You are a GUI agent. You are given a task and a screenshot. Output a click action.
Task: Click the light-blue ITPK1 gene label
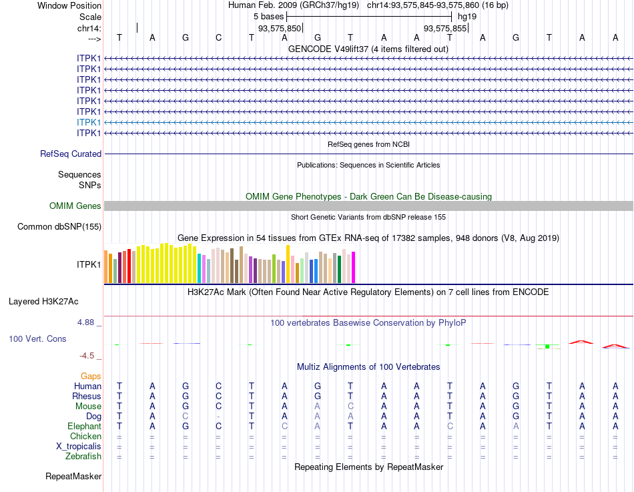(x=89, y=122)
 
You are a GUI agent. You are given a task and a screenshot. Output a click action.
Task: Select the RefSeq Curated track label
(x=71, y=154)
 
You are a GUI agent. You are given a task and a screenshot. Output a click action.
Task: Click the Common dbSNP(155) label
(x=59, y=227)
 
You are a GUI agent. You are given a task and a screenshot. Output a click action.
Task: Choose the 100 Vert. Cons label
(x=37, y=339)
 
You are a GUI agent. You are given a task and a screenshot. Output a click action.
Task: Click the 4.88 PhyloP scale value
(x=89, y=322)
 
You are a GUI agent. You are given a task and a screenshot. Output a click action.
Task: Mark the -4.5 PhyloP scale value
(x=91, y=356)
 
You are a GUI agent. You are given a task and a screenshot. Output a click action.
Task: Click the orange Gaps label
(x=91, y=377)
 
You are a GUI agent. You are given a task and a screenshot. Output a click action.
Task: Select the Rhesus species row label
(x=87, y=397)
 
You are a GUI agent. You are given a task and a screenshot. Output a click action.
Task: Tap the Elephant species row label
(x=84, y=427)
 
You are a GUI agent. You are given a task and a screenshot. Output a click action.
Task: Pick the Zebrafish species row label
(x=83, y=457)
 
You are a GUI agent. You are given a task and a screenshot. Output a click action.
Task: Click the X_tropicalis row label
(x=79, y=447)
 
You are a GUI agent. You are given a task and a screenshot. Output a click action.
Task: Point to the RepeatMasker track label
(x=73, y=477)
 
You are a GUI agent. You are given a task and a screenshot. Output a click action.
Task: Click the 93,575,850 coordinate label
(x=280, y=28)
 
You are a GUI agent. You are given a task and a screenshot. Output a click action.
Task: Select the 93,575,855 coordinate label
(x=446, y=28)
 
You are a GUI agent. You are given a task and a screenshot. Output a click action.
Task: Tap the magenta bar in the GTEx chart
(x=353, y=267)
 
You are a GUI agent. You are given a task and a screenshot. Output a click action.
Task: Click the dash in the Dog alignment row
(x=218, y=417)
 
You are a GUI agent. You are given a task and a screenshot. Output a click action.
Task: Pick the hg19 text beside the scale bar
(x=467, y=16)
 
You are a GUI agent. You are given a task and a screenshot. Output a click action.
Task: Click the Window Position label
(x=69, y=5)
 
